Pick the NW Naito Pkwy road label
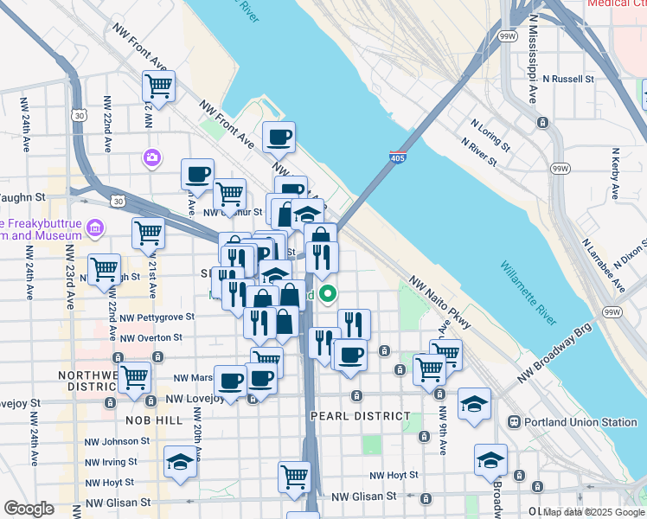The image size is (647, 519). (x=441, y=302)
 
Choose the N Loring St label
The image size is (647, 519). (x=494, y=130)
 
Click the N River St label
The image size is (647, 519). (x=478, y=152)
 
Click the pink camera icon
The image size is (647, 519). (x=152, y=157)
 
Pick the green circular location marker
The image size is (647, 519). (x=328, y=294)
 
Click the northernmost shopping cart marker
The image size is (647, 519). (x=159, y=86)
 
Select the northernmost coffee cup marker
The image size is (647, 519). (x=279, y=138)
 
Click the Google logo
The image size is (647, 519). (x=29, y=509)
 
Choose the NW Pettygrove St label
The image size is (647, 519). (x=157, y=317)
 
